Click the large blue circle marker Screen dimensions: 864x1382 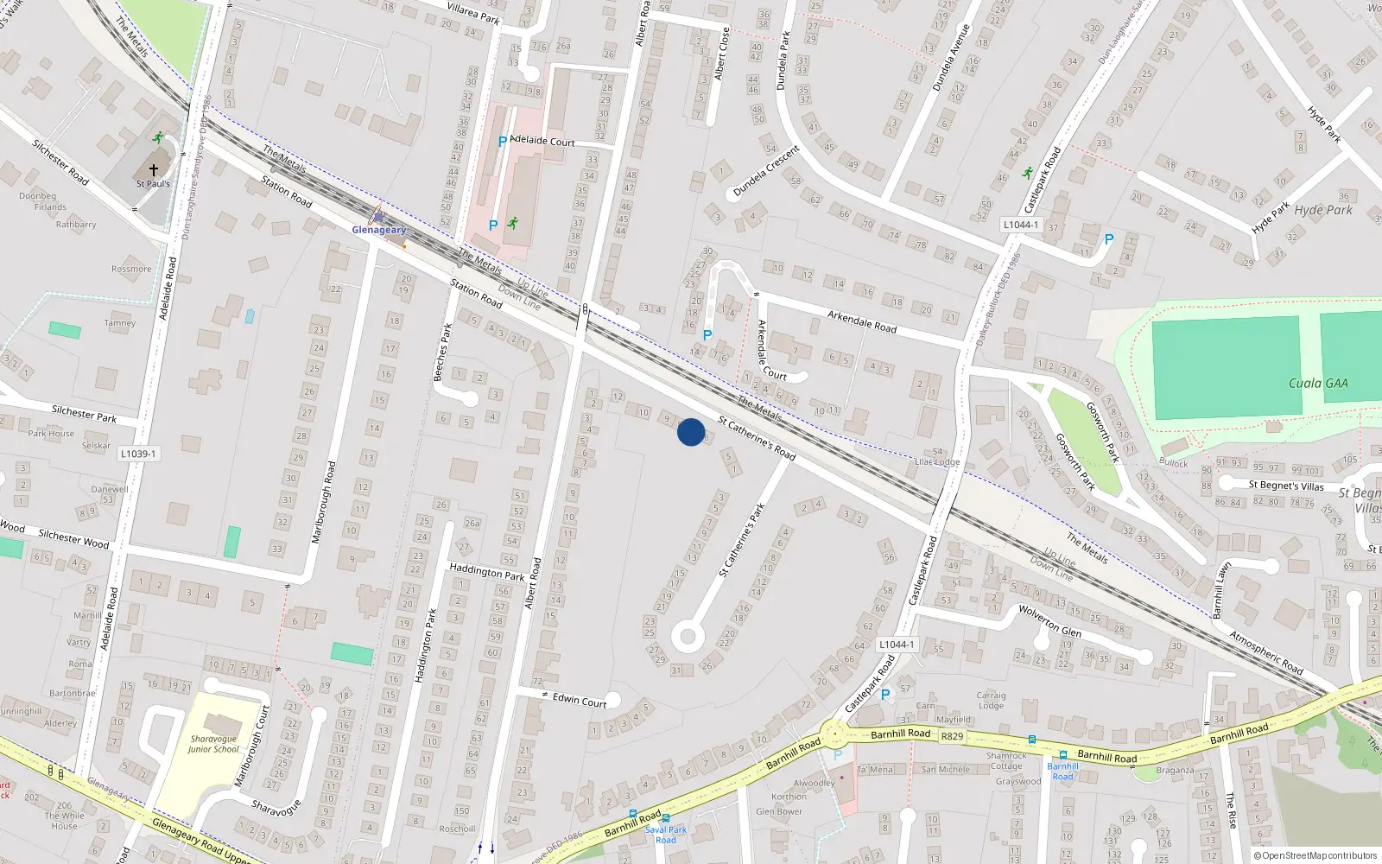tap(691, 432)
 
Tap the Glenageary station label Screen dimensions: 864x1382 tap(378, 230)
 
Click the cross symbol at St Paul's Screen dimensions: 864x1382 tap(154, 170)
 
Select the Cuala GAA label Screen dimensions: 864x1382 tap(1318, 383)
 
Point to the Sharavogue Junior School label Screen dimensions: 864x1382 tap(214, 744)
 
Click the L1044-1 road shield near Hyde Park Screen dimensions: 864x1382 tap(1020, 225)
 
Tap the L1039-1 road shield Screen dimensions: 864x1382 tap(138, 454)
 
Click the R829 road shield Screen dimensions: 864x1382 tap(952, 736)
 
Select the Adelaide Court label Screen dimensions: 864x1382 tap(542, 140)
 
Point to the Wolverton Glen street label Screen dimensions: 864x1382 tap(1049, 619)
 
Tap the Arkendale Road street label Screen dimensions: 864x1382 tap(862, 321)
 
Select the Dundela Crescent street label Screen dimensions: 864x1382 tap(766, 172)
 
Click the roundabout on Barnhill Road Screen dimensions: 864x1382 tap(834, 736)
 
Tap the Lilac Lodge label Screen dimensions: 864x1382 tap(937, 462)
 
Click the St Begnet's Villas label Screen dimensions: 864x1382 tap(1286, 486)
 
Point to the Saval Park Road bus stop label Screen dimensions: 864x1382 tap(666, 835)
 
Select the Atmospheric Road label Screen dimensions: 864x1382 tap(1266, 653)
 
